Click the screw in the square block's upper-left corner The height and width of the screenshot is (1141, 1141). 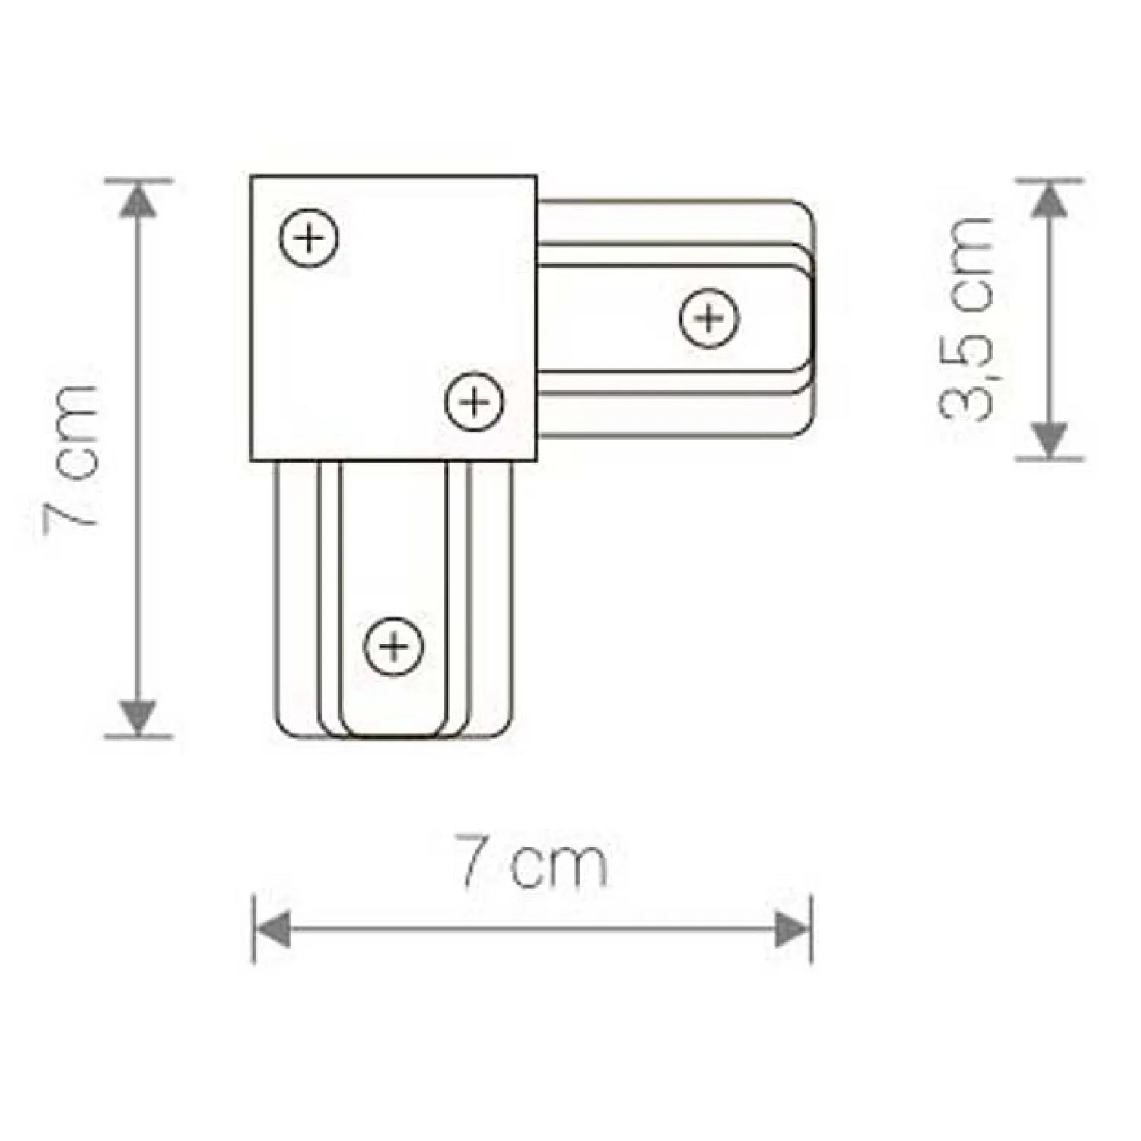(309, 237)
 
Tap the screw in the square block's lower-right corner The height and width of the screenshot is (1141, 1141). (475, 401)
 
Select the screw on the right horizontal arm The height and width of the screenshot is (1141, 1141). (709, 318)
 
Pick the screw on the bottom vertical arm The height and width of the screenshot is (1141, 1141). (393, 647)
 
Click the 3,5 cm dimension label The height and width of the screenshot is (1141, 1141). (966, 318)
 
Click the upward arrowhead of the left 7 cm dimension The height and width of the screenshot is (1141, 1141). (138, 200)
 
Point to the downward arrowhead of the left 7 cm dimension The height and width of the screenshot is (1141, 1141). (138, 717)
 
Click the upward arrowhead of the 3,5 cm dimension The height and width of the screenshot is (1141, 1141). (1050, 200)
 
